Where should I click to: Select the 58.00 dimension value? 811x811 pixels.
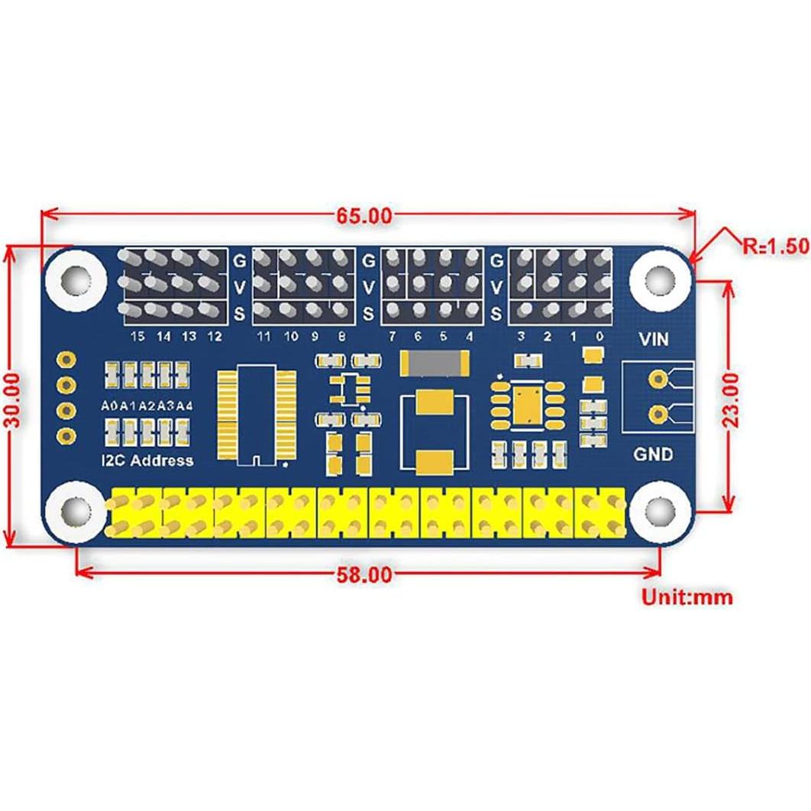364,574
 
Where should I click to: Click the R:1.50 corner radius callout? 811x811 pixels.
774,245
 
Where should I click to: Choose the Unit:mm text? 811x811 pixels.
686,596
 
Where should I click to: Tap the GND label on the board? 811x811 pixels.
653,454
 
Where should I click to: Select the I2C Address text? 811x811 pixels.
147,460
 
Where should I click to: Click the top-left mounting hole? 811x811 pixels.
75,278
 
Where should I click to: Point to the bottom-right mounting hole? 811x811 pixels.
658,509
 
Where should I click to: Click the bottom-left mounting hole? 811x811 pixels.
75,509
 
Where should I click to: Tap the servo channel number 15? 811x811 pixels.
137,336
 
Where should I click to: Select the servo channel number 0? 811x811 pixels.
600,336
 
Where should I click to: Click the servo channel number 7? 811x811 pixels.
392,336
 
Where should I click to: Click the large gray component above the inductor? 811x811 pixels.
432,363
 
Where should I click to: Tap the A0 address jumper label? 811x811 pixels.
110,405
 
